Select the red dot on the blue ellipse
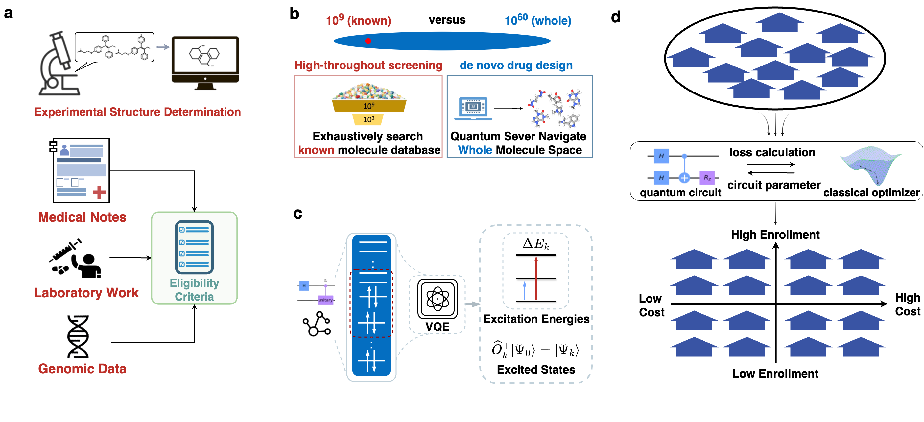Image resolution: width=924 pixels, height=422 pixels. (x=368, y=41)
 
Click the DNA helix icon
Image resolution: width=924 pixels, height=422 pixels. (x=78, y=336)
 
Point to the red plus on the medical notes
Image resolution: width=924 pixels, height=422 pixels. (x=99, y=192)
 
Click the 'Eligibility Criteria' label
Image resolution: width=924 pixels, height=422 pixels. (x=194, y=290)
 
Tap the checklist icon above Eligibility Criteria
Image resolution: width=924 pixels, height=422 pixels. (x=194, y=247)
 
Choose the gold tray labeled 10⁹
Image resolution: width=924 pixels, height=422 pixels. (x=369, y=106)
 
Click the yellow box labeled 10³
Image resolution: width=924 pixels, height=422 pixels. (x=368, y=119)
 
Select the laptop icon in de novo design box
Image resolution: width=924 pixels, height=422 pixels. (x=473, y=109)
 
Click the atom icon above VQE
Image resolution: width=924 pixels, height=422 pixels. (x=438, y=299)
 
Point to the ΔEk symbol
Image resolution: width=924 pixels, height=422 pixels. (x=535, y=244)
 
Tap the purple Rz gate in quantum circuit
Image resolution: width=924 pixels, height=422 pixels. (x=707, y=177)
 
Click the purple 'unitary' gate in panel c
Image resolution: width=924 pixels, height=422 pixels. (x=326, y=300)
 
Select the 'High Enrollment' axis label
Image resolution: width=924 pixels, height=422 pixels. (x=775, y=234)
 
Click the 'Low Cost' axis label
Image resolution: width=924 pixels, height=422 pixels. (x=652, y=305)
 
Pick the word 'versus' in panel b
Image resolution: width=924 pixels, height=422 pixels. (x=447, y=20)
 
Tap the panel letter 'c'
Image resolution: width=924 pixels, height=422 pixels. (x=298, y=214)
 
